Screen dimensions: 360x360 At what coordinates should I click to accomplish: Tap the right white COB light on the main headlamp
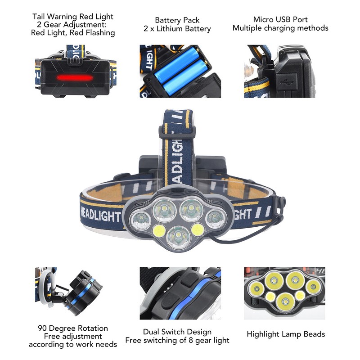point(197,230)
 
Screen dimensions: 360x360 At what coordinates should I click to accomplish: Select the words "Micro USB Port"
point(280,20)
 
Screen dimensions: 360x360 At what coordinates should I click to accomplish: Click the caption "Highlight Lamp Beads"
point(286,334)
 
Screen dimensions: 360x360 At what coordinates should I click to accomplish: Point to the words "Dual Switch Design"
point(177,332)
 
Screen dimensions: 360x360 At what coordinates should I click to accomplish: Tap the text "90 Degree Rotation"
point(73,328)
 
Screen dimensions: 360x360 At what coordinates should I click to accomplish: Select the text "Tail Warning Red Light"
point(73,17)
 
